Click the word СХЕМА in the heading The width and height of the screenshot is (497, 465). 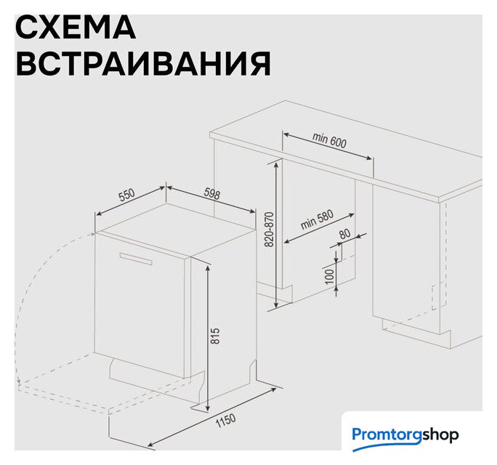pos(76,28)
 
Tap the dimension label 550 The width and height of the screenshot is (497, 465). pos(126,195)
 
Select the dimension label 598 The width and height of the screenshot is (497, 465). pos(211,193)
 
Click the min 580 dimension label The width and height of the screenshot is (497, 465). pos(317,219)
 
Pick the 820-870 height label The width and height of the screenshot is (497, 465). pos(269,230)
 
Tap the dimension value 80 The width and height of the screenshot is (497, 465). pos(345,234)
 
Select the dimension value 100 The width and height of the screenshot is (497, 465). pos(330,276)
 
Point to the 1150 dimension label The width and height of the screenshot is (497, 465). pos(225,421)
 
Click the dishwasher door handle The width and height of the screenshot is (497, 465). pos(136,258)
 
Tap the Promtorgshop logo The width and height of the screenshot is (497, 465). pos(405,436)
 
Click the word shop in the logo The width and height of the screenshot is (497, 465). pos(440,435)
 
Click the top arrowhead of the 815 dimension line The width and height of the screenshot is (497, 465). pos(208,267)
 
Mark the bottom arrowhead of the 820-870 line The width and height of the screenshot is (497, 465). pos(277,305)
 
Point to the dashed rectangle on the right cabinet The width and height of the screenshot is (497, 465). pos(440,296)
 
